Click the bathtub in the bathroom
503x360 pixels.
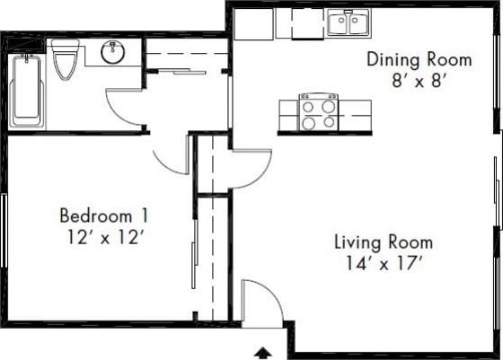pos(27,90)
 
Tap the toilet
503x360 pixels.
pos(65,60)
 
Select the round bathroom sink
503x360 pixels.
pos(113,53)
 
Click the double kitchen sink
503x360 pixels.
pos(348,24)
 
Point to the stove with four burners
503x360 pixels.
pos(318,113)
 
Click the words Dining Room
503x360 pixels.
pos(419,60)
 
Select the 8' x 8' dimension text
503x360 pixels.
pos(419,81)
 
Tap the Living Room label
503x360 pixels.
pos(384,242)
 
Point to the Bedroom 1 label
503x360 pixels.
pos(103,216)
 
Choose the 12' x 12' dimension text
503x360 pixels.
pos(103,237)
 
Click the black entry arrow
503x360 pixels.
pos(264,352)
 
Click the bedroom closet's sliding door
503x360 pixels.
pos(194,256)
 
